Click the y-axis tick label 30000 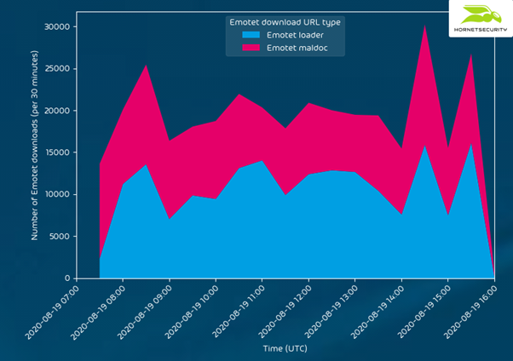(x=55, y=27)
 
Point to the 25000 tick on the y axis (x=55, y=69)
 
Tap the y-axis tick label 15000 (x=55, y=152)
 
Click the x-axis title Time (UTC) (x=285, y=348)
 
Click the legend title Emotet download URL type (x=285, y=21)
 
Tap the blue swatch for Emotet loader (x=251, y=35)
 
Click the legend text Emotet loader (x=296, y=35)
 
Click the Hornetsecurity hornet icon (x=481, y=14)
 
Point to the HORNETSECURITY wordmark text (x=480, y=29)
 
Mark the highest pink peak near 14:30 (x=424, y=26)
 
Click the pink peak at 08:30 (x=146, y=66)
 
